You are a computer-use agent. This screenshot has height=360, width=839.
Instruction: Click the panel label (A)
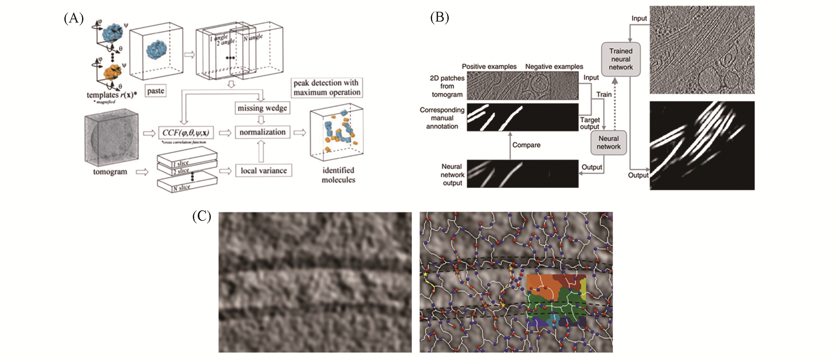pos(74,19)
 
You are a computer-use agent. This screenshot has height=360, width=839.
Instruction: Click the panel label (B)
pos(439,17)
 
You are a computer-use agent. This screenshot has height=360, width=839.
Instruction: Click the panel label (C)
pos(201,216)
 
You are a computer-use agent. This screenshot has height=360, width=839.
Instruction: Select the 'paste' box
pos(155,91)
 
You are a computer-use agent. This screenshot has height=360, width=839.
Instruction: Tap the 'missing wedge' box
pos(262,108)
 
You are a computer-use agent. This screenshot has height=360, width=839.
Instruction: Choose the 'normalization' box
pos(262,132)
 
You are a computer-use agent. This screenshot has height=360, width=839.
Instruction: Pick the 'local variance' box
pos(263,171)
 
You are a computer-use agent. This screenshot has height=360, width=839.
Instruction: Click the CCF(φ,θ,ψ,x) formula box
pos(186,133)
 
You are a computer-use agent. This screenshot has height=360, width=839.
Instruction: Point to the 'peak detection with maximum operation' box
pos(327,88)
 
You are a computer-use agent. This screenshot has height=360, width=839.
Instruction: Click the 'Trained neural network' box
pos(621,59)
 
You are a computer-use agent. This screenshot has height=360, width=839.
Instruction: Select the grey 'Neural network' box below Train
pos(608,143)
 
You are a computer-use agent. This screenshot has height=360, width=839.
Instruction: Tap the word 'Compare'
pos(526,145)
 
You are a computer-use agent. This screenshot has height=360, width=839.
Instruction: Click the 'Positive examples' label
pos(489,67)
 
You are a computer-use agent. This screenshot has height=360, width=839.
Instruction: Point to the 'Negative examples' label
pos(554,67)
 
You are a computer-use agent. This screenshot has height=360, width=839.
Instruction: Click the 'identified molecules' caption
pos(338,175)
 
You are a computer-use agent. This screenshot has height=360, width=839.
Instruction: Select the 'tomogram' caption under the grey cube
pos(110,172)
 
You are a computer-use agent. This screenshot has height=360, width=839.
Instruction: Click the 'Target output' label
pos(590,123)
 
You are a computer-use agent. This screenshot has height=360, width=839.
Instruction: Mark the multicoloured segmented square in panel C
pos(556,300)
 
